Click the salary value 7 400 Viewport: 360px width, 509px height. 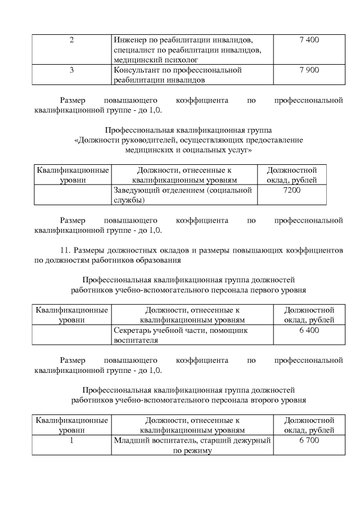[x=309, y=40]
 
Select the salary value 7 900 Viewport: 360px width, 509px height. [x=309, y=70]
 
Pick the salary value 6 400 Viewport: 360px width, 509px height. [x=309, y=331]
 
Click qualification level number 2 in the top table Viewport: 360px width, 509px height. [x=72, y=40]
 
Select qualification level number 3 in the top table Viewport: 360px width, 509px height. [x=72, y=70]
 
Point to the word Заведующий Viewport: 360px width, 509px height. [x=137, y=191]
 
